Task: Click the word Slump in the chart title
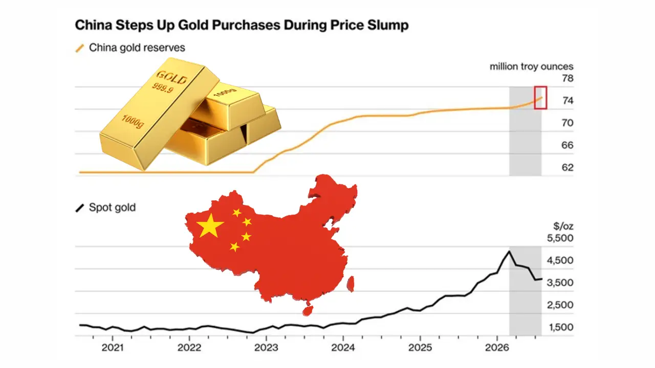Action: (x=388, y=26)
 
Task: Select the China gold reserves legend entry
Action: (x=130, y=48)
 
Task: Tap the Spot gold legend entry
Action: (x=106, y=208)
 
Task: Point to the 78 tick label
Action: (x=567, y=78)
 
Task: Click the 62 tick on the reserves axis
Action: (x=567, y=167)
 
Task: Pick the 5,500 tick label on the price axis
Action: (x=560, y=238)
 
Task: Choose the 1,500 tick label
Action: (x=561, y=327)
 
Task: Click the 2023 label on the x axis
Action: (x=266, y=348)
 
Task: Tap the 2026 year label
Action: (x=497, y=348)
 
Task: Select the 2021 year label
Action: (x=113, y=348)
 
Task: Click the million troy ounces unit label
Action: (x=532, y=66)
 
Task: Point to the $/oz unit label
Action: (x=563, y=226)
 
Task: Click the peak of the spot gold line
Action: (x=509, y=251)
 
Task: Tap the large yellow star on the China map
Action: (x=210, y=225)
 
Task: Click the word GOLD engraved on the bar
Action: (x=171, y=77)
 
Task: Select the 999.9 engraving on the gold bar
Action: (x=163, y=87)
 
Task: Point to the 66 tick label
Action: (x=567, y=145)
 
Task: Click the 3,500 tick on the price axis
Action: (x=560, y=283)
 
